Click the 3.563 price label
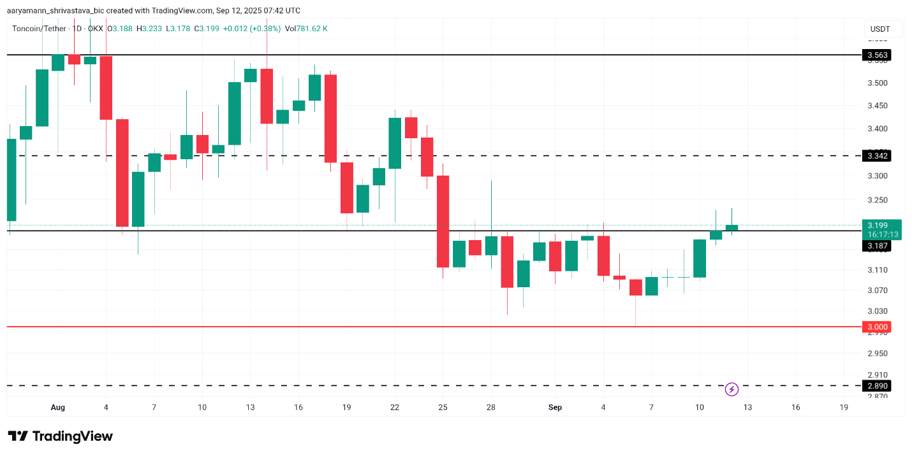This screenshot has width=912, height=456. point(877,55)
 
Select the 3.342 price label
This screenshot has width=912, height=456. point(877,156)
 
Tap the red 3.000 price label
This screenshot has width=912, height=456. point(877,327)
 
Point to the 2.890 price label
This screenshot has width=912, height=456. point(877,386)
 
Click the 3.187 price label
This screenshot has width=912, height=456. point(877,246)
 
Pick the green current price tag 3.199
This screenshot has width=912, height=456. point(882,229)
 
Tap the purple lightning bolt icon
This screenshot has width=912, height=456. point(732,388)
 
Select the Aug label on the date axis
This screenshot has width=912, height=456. point(57,408)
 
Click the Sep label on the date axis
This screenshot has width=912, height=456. point(555,408)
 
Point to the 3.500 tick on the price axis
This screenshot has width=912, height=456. point(878,83)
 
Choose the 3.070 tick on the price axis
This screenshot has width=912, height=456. point(878,290)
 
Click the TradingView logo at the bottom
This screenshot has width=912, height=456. point(61,436)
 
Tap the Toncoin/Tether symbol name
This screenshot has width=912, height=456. point(38,29)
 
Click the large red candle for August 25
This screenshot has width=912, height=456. point(443,221)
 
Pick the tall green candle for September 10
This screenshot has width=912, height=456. point(700,259)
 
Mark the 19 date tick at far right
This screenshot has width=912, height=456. point(844,408)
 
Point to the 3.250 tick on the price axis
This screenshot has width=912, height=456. point(878,200)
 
